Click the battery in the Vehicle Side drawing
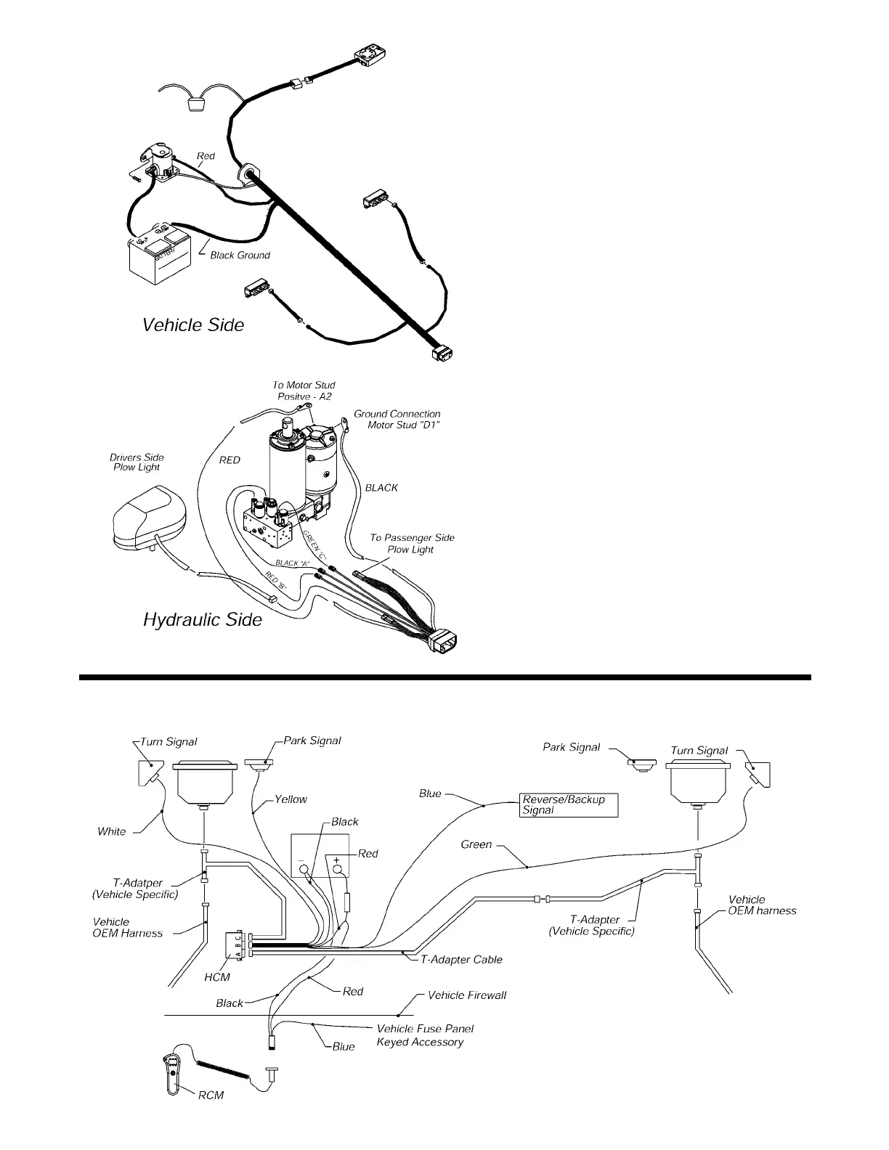(x=158, y=256)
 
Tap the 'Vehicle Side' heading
(x=193, y=325)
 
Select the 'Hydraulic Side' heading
(x=202, y=619)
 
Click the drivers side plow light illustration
(x=148, y=515)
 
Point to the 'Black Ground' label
(x=240, y=256)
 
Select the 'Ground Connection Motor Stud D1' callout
(x=398, y=419)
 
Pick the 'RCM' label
(x=211, y=1095)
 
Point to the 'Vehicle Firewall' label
(x=466, y=995)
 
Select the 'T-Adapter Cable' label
(x=461, y=960)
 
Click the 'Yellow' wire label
(x=291, y=799)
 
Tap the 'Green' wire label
(x=476, y=845)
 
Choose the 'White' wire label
(x=111, y=831)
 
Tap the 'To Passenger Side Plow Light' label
(x=412, y=543)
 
